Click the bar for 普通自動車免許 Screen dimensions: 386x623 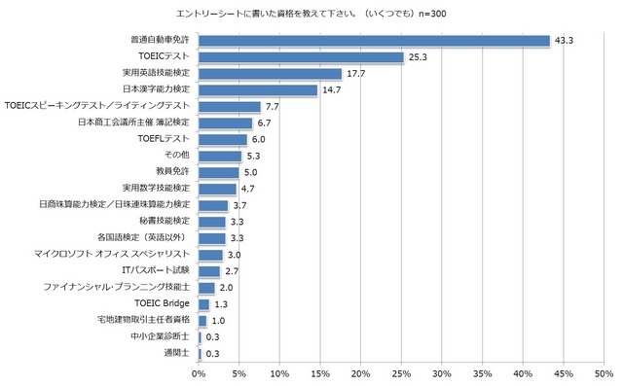click(374, 41)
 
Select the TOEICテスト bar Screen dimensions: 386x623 click(301, 57)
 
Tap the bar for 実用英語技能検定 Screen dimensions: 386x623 click(270, 74)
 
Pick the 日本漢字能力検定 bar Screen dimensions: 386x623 click(258, 90)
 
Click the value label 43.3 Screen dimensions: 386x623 click(565, 41)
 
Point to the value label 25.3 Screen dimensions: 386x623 click(420, 57)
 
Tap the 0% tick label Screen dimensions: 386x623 click(199, 373)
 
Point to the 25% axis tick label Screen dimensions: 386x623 click(400, 373)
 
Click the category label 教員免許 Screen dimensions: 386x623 click(173, 172)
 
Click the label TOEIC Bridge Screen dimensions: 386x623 click(162, 304)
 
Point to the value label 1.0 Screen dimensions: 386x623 click(219, 320)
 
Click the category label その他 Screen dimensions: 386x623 click(178, 156)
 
